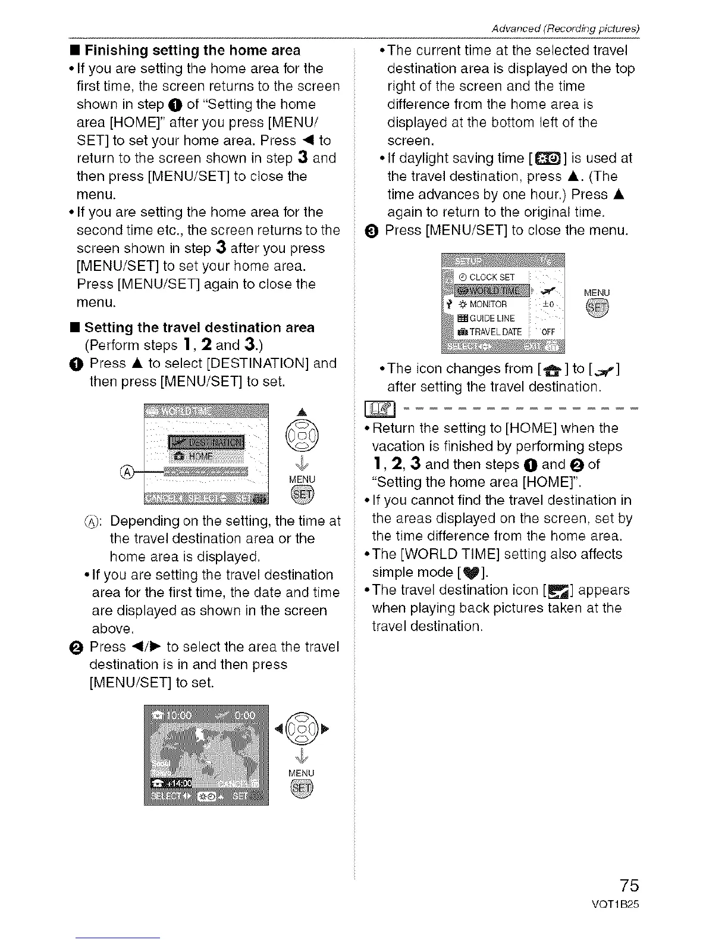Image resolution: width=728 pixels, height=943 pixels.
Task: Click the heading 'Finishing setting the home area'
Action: tap(193, 50)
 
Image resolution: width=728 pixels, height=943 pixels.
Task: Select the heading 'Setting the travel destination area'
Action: tap(199, 327)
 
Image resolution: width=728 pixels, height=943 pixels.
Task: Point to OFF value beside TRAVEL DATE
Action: tap(548, 332)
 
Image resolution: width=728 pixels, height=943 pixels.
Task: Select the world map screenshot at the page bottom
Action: tap(206, 754)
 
